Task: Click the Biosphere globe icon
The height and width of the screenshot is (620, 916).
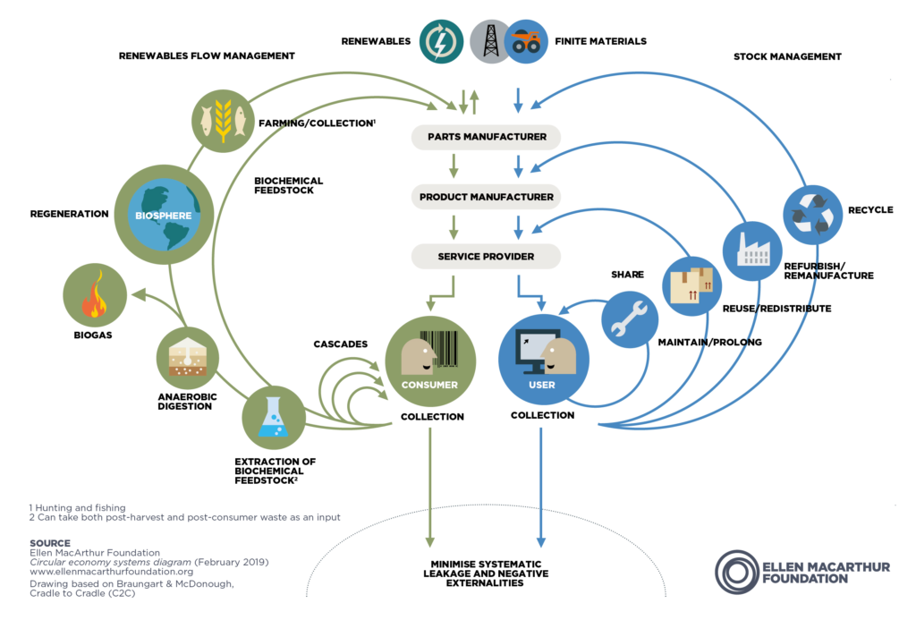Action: click(165, 215)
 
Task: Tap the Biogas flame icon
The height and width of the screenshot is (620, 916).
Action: click(94, 302)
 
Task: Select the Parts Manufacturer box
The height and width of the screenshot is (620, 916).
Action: click(486, 137)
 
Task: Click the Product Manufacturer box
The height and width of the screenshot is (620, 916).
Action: click(486, 197)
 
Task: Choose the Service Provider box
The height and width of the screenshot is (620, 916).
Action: click(486, 257)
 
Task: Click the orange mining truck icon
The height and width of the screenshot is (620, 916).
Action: click(526, 41)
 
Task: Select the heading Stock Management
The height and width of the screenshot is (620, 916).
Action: click(787, 56)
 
